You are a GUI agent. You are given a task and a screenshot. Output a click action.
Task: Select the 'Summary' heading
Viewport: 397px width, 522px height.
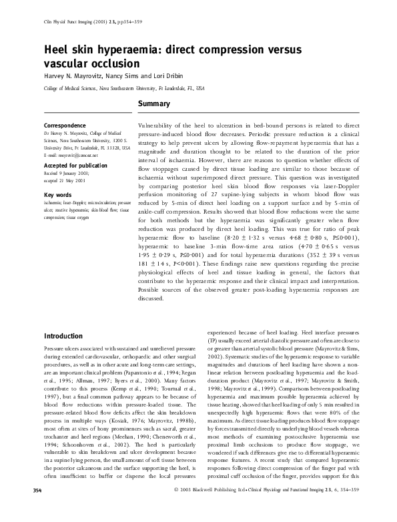154,104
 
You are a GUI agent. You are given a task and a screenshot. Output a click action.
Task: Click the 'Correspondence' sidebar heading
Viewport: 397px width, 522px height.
65,125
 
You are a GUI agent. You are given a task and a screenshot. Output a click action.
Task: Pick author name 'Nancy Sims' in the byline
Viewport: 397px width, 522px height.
136,76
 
